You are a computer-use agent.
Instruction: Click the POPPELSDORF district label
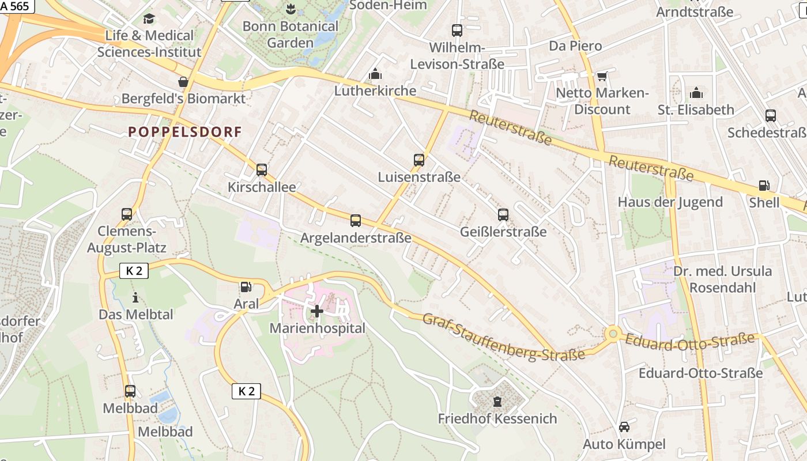185,131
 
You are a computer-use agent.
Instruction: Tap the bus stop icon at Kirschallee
262,170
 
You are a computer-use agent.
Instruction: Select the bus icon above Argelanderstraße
356,220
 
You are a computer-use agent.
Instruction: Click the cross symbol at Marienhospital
317,311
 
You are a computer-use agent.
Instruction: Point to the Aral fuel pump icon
246,286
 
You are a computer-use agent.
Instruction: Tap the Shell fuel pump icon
764,186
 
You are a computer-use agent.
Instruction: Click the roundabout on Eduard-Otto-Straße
613,334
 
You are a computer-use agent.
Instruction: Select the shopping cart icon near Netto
602,76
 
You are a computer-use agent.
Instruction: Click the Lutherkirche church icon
375,74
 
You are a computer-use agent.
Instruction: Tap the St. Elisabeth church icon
696,93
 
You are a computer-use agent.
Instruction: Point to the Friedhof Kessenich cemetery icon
497,401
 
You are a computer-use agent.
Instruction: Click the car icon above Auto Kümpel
624,427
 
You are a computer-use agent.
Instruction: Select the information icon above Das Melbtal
135,297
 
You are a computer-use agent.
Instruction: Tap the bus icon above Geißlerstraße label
503,215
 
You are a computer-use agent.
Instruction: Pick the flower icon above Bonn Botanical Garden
290,9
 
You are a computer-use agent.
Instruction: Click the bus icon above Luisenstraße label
419,160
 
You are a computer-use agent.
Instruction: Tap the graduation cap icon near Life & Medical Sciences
149,18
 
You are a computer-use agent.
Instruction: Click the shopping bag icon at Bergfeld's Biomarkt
183,82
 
